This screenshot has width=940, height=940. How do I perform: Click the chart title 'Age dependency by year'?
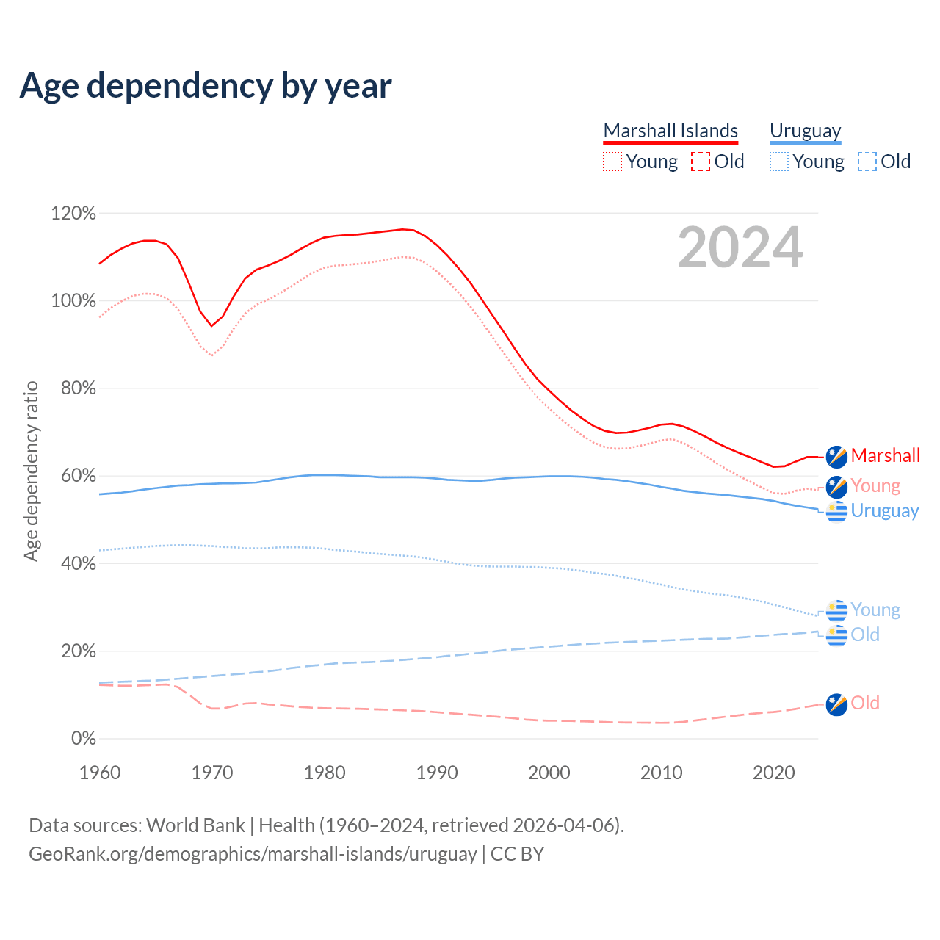coord(206,86)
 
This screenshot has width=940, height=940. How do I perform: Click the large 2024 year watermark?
coord(740,247)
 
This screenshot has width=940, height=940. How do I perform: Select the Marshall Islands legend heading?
coord(670,131)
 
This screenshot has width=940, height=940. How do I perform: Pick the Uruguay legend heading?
coord(805,131)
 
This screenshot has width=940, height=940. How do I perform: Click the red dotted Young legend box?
coord(612,162)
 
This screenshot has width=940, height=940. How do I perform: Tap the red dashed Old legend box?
coord(700,162)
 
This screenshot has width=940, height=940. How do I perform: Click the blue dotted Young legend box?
coord(778,162)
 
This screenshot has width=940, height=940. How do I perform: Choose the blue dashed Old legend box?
coord(867,162)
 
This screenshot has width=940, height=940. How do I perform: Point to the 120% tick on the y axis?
coord(73,214)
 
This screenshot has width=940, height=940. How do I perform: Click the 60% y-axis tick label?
coord(78,476)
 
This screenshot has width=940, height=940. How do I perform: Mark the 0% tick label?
coord(83,739)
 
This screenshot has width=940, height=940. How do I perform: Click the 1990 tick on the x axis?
coord(437,773)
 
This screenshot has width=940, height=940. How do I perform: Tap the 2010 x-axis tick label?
coord(662,773)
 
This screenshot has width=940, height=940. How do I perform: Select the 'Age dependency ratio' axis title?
coord(31,471)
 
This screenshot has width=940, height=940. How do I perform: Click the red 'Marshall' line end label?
coord(885,455)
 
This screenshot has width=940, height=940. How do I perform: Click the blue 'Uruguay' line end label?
coord(884,510)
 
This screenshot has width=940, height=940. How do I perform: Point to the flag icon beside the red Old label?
coord(836,704)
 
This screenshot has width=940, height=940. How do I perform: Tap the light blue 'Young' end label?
coord(875,610)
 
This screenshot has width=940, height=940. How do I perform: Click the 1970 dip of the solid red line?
coord(211,325)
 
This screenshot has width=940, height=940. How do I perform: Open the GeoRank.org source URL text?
coord(253,854)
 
